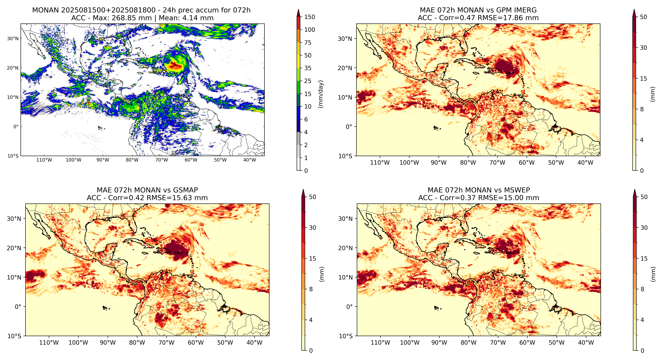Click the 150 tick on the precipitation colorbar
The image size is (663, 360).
[310, 17]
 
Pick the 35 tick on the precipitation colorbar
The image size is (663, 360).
[308, 68]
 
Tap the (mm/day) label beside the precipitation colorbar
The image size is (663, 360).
[321, 94]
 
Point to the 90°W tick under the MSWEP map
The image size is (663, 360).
[439, 343]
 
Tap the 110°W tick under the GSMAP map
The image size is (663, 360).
[49, 343]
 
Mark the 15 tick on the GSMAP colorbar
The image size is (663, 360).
[312, 259]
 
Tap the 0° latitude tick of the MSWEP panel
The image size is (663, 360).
[349, 307]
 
